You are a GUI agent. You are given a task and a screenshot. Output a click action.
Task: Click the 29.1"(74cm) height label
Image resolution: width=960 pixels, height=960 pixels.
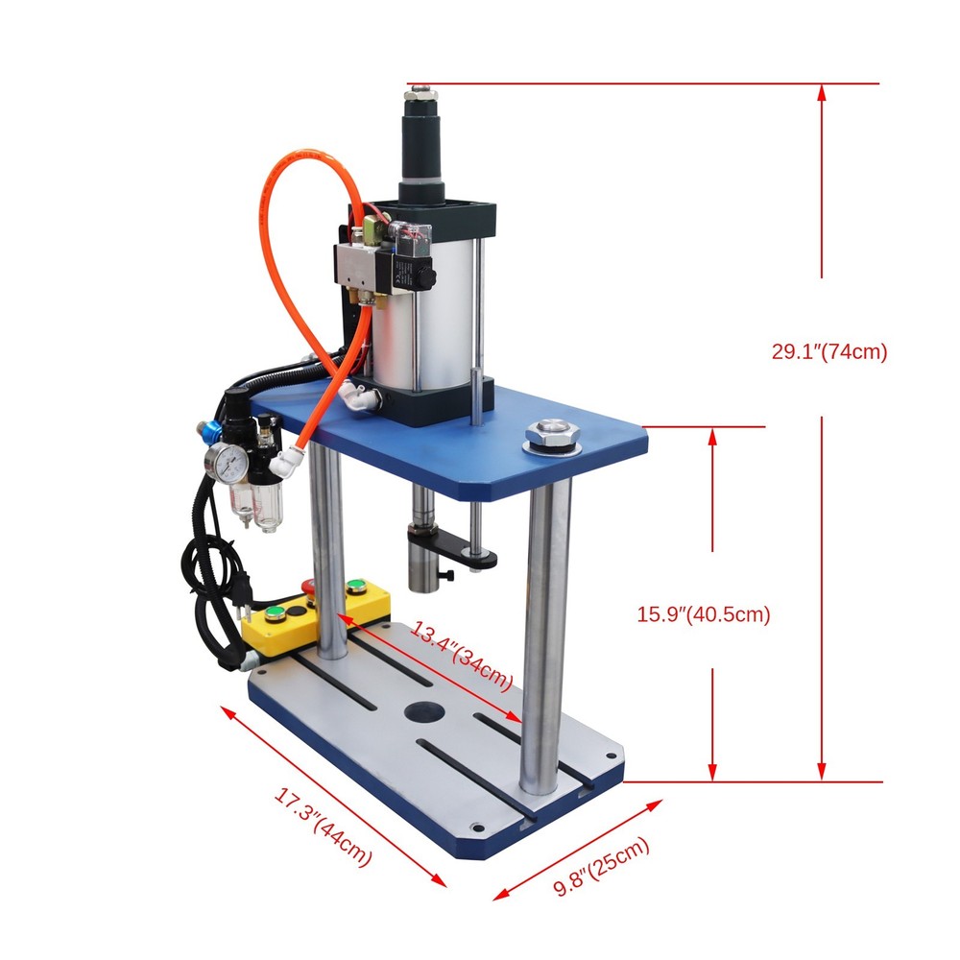[x=829, y=351]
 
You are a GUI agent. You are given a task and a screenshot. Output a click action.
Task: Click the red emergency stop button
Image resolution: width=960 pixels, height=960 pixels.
[x=309, y=587]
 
